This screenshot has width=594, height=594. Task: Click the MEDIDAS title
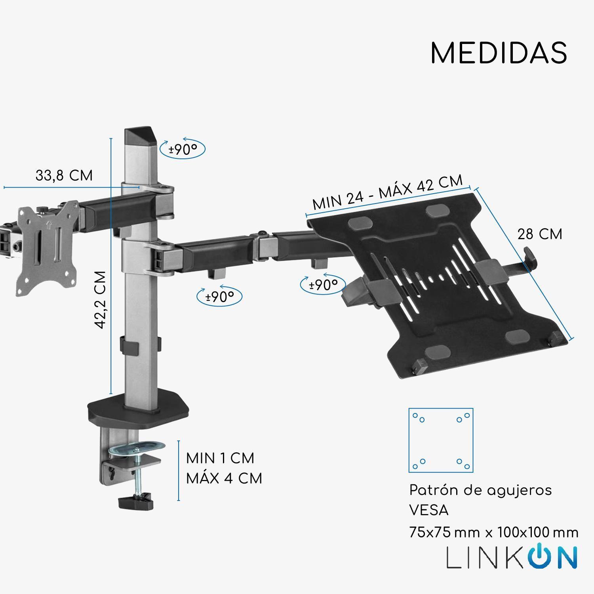(499, 53)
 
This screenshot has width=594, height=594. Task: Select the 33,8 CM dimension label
(64, 175)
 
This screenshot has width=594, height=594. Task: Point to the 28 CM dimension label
(540, 234)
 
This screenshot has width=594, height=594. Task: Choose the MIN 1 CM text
(220, 458)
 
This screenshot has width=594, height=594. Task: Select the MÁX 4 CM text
(224, 478)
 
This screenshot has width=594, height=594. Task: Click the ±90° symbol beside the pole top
(183, 149)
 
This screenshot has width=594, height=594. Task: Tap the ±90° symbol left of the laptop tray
(323, 284)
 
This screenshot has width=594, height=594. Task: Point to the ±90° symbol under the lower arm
(219, 296)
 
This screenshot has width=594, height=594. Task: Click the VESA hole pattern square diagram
(441, 440)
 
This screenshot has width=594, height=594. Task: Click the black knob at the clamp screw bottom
(136, 503)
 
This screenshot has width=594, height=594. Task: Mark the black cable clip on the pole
(129, 345)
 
